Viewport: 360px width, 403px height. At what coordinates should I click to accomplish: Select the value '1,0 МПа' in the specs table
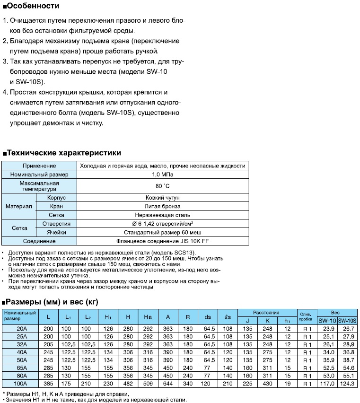click(x=162, y=175)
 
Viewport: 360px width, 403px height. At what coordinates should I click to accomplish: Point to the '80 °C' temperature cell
click(x=162, y=186)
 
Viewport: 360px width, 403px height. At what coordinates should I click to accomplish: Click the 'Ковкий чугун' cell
click(x=162, y=197)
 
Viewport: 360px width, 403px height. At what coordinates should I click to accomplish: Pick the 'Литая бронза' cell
click(x=162, y=206)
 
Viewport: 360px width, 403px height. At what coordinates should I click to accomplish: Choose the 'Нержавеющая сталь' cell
click(x=162, y=215)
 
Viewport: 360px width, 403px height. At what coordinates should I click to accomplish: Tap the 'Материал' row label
click(x=18, y=206)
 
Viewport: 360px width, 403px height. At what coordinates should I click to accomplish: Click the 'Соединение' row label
click(x=39, y=241)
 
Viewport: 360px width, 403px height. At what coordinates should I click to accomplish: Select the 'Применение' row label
click(x=39, y=166)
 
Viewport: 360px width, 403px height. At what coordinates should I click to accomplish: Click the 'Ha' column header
click(x=147, y=316)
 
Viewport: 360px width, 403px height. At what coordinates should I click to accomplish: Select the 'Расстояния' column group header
click(x=266, y=313)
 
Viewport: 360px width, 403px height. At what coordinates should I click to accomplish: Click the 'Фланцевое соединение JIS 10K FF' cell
click(x=162, y=241)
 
